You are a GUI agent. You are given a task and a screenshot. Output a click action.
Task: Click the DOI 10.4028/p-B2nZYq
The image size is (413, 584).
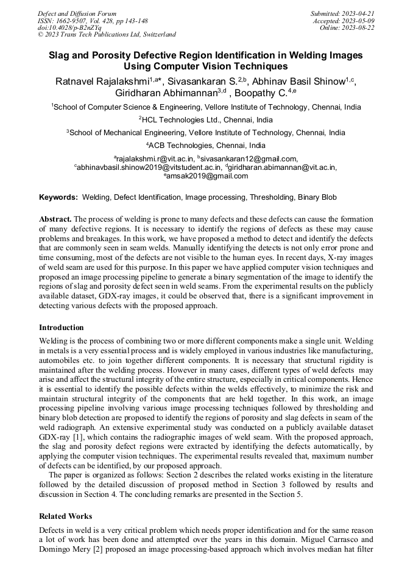pyautogui.click(x=69, y=27)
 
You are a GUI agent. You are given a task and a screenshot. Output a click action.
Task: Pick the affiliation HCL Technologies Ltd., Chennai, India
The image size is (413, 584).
pyautogui.click(x=206, y=119)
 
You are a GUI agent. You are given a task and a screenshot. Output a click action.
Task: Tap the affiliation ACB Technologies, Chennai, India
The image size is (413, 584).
pyautogui.click(x=206, y=146)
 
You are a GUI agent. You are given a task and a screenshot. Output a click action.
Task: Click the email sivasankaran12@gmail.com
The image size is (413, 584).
pyautogui.click(x=249, y=159)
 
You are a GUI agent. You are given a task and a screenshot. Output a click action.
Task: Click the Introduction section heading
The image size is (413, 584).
pyautogui.click(x=62, y=327)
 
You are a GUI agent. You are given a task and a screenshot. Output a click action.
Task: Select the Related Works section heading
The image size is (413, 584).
pyautogui.click(x=66, y=516)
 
